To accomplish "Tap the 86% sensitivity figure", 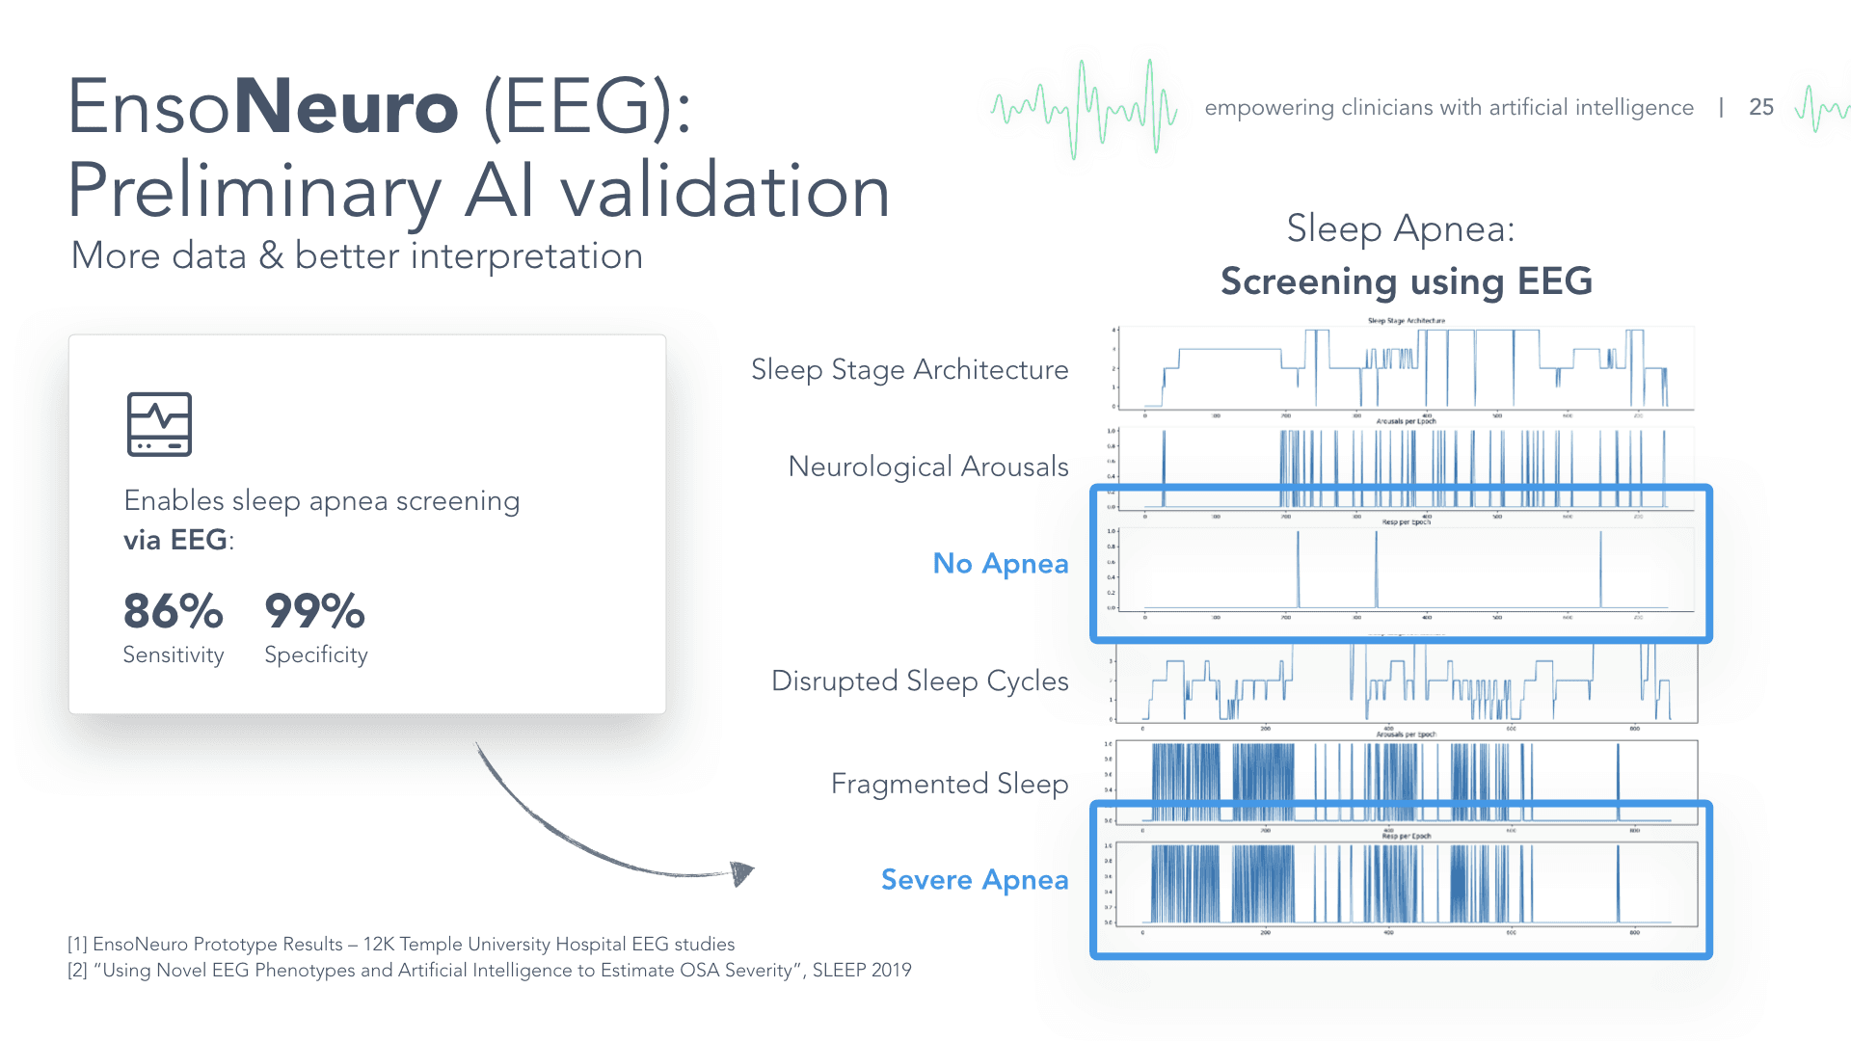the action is tap(174, 611).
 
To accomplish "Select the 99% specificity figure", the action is tap(315, 611).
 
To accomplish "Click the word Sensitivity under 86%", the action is tap(174, 655).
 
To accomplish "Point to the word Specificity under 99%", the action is tap(316, 655).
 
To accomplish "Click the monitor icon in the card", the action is tap(160, 424).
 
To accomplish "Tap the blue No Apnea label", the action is tap(1001, 564).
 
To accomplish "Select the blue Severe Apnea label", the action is tap(975, 880).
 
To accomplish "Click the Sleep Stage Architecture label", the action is tap(909, 370).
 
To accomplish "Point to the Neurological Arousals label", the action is tap(928, 467).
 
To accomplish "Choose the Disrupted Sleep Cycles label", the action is tap(920, 681).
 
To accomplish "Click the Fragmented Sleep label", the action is tap(950, 785).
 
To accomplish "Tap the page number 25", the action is tap(1761, 108).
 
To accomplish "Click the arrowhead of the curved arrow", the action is tap(741, 873).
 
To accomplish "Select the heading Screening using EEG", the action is tap(1407, 281).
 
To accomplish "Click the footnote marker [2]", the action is tap(77, 971).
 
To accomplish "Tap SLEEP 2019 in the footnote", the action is tap(862, 971).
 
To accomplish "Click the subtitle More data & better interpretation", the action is tap(357, 256).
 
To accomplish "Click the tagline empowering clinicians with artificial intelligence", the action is tap(1449, 108).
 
